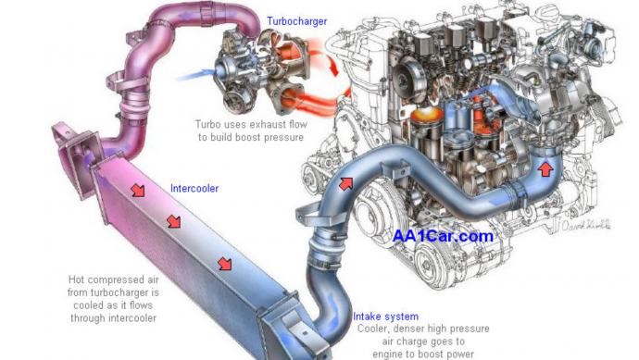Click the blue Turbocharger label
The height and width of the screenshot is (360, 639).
296,20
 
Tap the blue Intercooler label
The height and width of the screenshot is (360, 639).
194,188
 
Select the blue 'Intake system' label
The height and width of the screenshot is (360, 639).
385,317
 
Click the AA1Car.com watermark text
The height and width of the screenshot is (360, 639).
443,236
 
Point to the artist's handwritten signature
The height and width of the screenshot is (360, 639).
586,225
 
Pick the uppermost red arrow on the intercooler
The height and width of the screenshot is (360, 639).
138,190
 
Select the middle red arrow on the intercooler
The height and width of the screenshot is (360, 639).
174,221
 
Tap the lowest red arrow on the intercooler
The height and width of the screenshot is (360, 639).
224,264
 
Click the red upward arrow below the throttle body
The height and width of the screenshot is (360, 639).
545,168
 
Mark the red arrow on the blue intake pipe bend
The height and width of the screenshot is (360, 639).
346,183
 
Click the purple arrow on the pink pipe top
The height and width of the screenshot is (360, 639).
192,17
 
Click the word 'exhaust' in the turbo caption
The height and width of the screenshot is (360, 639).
269,124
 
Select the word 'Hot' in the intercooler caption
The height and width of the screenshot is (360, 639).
76,279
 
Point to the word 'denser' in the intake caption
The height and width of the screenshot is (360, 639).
410,329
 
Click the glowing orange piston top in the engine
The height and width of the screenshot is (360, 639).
427,115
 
